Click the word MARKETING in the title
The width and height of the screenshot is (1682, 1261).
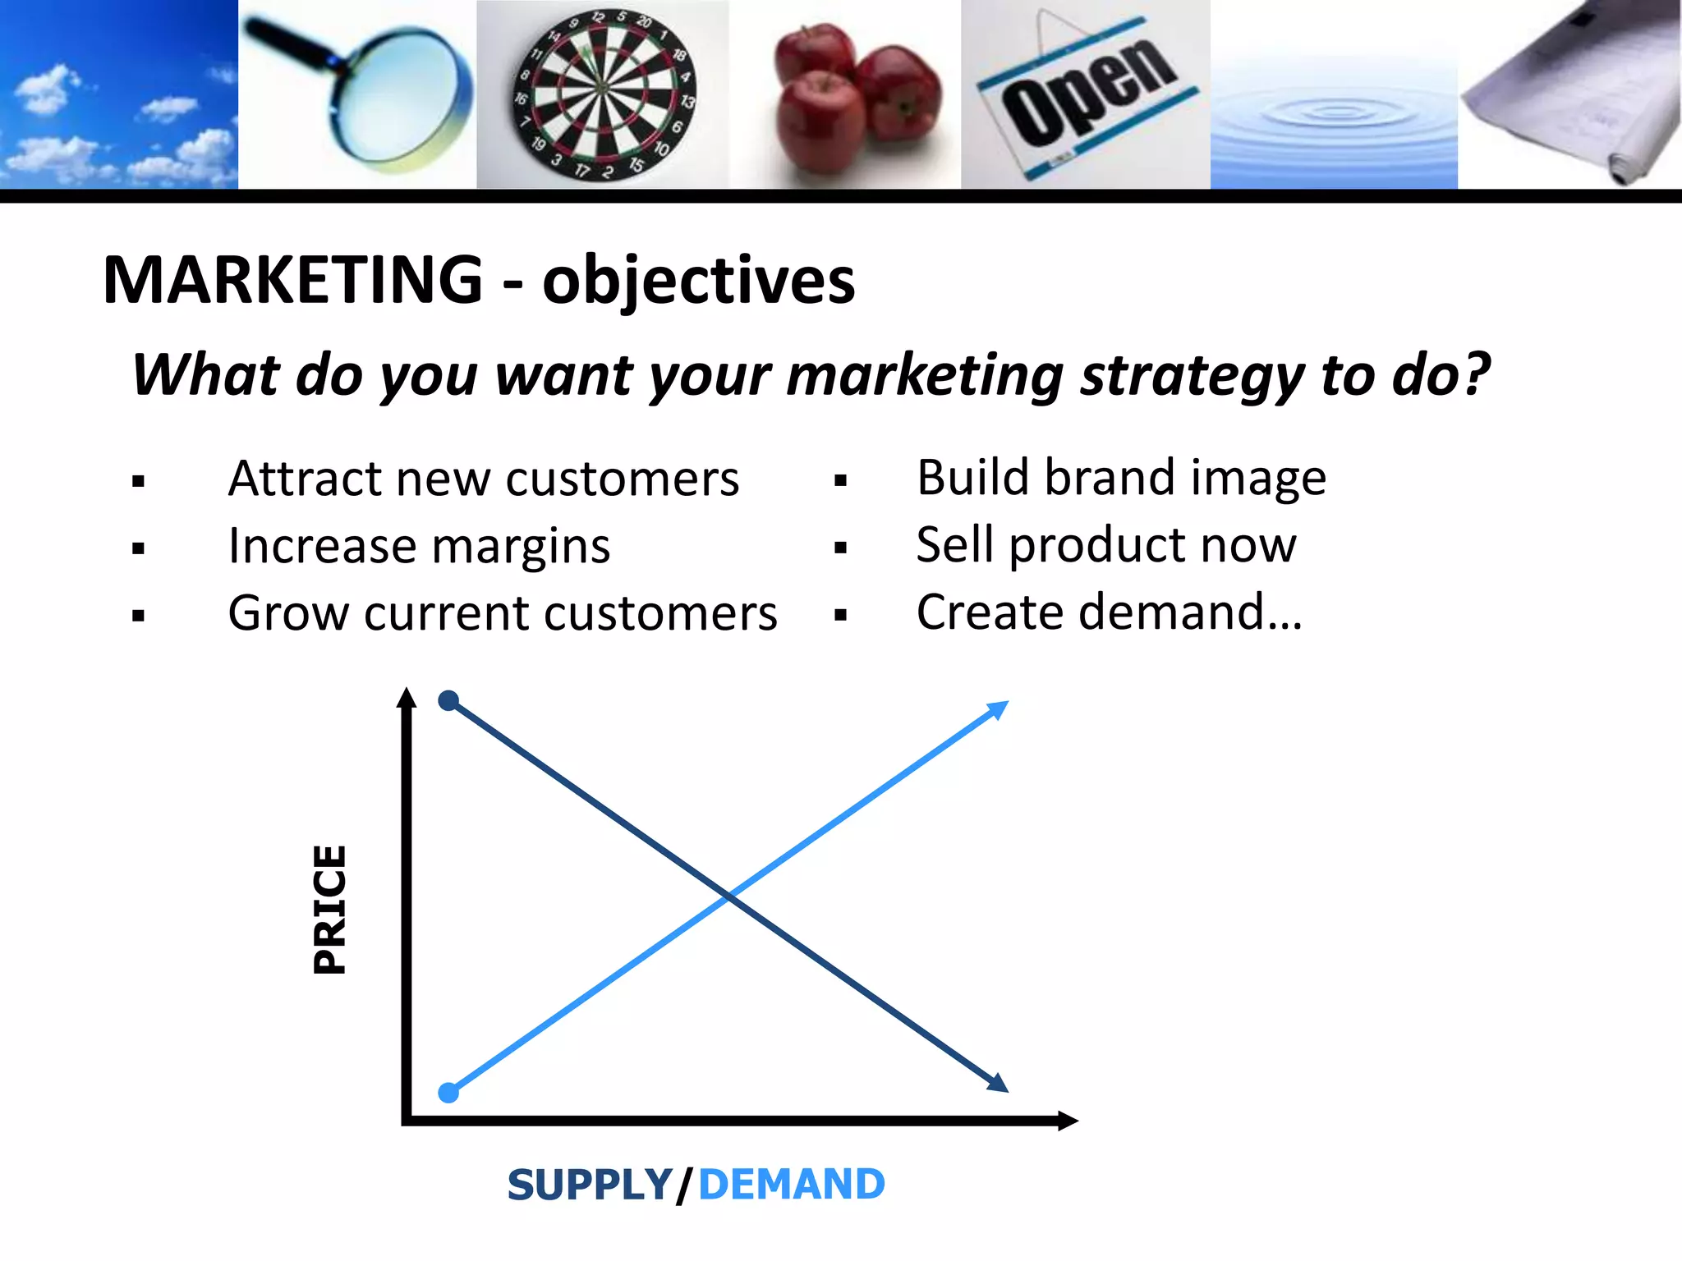pyautogui.click(x=293, y=280)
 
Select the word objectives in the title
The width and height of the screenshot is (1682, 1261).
pyautogui.click(x=698, y=282)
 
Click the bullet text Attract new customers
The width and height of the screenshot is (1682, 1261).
pyautogui.click(x=483, y=479)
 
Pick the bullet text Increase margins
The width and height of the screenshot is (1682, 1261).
pyautogui.click(x=419, y=546)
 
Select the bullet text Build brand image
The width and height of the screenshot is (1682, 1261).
pyautogui.click(x=1120, y=478)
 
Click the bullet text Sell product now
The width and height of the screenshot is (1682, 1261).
pyautogui.click(x=1105, y=545)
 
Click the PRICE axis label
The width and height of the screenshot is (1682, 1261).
pyautogui.click(x=330, y=910)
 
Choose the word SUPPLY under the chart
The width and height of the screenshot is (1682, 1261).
pyautogui.click(x=590, y=1185)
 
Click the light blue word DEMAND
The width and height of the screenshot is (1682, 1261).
pyautogui.click(x=791, y=1185)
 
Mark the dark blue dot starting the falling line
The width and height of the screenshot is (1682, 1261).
pyautogui.click(x=448, y=700)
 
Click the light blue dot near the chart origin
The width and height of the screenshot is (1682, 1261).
pyautogui.click(x=448, y=1093)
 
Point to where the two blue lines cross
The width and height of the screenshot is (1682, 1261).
pyautogui.click(x=729, y=896)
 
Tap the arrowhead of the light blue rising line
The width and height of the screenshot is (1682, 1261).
pyautogui.click(x=999, y=708)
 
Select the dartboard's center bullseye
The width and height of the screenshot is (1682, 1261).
pyautogui.click(x=601, y=87)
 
